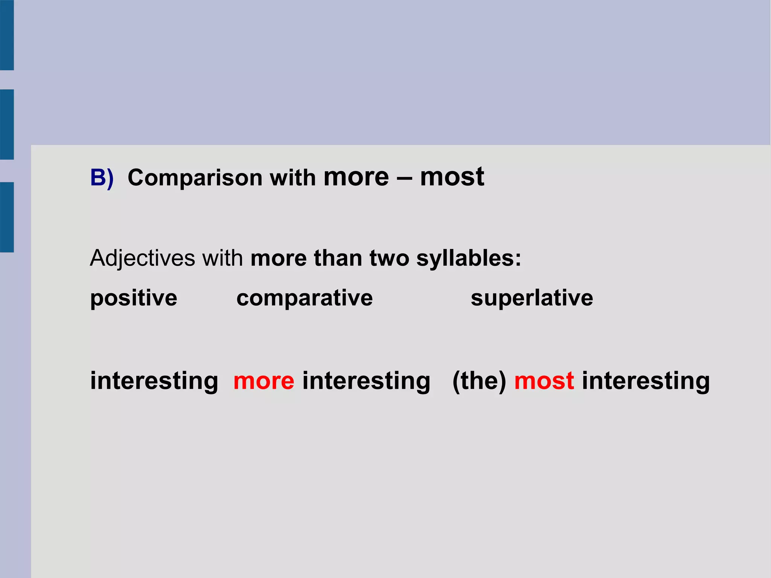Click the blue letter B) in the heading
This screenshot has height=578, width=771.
pos(101,177)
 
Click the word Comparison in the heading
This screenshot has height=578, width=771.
pos(195,178)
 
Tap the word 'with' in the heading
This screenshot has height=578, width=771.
pos(293,178)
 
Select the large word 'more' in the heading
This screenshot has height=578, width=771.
pos(356,177)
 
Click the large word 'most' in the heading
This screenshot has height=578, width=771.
pos(452,177)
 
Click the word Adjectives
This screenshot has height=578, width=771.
pos(142,259)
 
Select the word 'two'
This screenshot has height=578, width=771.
pos(389,259)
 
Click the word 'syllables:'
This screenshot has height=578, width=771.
pos(469,259)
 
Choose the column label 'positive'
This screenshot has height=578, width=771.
pos(133,298)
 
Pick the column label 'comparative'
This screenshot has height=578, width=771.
pos(304,298)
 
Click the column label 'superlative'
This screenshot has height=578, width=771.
pos(532,298)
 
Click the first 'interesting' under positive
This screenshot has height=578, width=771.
pos(154,381)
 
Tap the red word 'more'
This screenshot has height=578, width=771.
pos(264,381)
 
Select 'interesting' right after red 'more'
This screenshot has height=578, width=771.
pos(366,381)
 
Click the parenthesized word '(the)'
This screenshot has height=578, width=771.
pos(479,381)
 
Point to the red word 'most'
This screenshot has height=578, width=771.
pos(544,381)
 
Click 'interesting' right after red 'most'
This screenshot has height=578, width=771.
pos(646,381)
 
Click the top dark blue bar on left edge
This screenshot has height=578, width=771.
pos(7,35)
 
